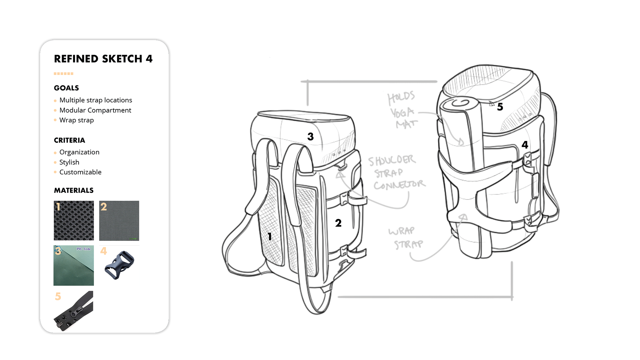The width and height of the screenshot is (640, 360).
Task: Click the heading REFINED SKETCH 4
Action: pos(103,59)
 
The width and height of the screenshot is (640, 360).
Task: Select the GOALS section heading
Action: pos(66,88)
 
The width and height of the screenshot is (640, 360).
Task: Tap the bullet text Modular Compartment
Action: pos(95,110)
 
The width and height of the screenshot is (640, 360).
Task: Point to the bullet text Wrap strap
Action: pos(77,120)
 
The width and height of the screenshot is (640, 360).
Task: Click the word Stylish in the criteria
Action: pos(69,162)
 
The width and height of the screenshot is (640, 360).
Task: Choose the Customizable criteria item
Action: pos(80,172)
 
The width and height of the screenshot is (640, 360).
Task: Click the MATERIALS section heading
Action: pos(74,190)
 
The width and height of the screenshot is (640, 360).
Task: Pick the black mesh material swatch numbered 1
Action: pos(74,220)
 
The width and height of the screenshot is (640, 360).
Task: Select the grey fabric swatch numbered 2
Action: pos(119,220)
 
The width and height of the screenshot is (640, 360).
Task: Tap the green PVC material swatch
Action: pos(74,265)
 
